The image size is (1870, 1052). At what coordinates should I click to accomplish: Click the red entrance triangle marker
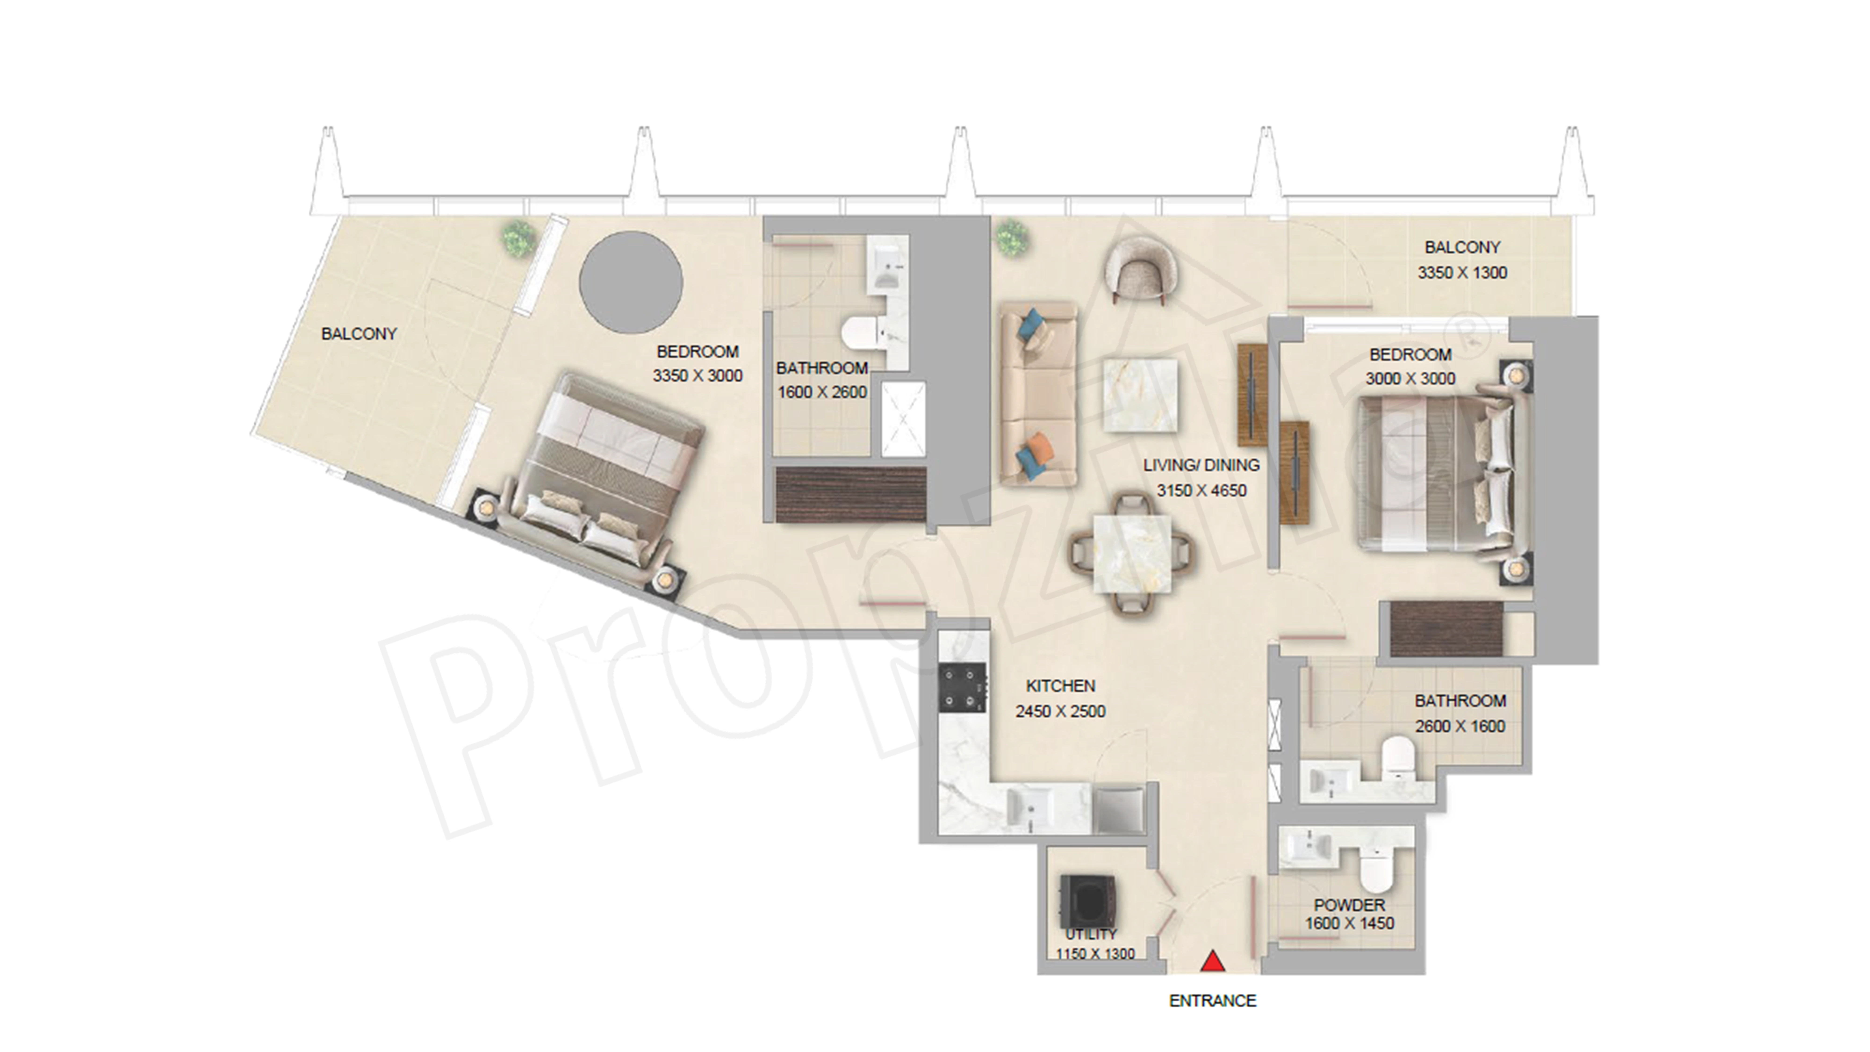[1212, 963]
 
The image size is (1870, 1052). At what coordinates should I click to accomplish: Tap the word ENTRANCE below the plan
[1212, 1001]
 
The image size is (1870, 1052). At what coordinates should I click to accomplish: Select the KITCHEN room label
[1060, 685]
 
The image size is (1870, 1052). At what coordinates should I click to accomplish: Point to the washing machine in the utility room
[1087, 899]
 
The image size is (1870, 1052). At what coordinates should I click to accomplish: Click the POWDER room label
[1349, 905]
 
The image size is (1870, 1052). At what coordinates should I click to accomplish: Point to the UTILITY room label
[1090, 934]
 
